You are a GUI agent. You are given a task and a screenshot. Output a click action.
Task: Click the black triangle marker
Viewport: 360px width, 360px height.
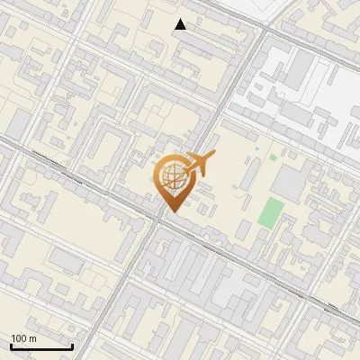181,24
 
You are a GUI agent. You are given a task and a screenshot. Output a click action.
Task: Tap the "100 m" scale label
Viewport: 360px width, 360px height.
24,338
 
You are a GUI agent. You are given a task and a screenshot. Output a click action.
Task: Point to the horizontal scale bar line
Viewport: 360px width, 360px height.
41,346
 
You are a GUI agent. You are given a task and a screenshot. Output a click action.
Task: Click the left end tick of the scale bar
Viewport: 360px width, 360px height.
11,345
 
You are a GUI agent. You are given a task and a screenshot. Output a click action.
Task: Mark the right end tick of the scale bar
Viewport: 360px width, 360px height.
72,345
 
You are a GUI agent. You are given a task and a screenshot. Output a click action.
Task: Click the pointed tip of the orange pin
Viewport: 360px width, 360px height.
172,212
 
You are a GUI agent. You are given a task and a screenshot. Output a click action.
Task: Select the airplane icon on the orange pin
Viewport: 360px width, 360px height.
199,165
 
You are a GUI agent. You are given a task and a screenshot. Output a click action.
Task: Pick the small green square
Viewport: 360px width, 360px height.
273,157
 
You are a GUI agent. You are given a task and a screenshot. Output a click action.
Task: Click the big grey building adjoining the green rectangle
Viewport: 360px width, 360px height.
289,183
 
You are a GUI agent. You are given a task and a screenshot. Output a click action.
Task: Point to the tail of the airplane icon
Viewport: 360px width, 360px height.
184,168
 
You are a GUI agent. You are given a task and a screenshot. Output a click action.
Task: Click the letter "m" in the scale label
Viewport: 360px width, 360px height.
31,338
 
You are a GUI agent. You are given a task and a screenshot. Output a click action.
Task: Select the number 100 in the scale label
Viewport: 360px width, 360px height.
19,338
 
